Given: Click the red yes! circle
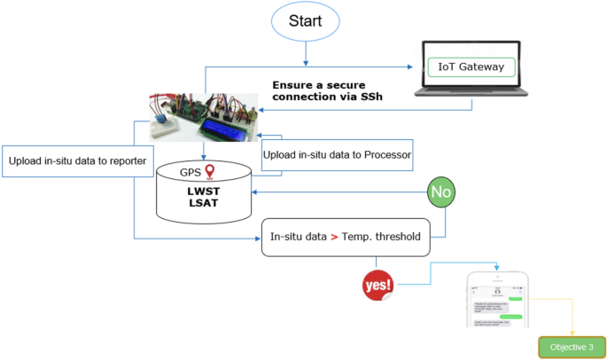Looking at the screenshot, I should pos(377,285).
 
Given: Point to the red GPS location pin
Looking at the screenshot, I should pos(210,172).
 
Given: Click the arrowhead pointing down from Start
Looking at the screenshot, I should pos(305,62).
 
